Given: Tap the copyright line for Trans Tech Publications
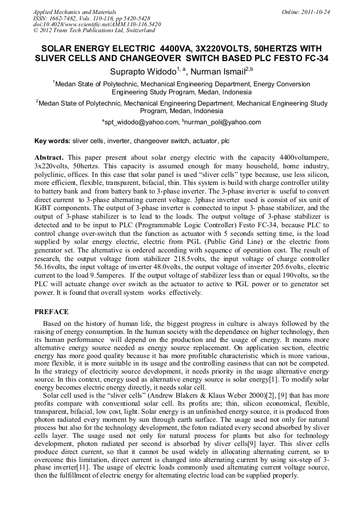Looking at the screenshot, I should (x=86, y=31).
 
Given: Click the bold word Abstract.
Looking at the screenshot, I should (x=50, y=158).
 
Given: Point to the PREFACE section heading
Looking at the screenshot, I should (x=52, y=312).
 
